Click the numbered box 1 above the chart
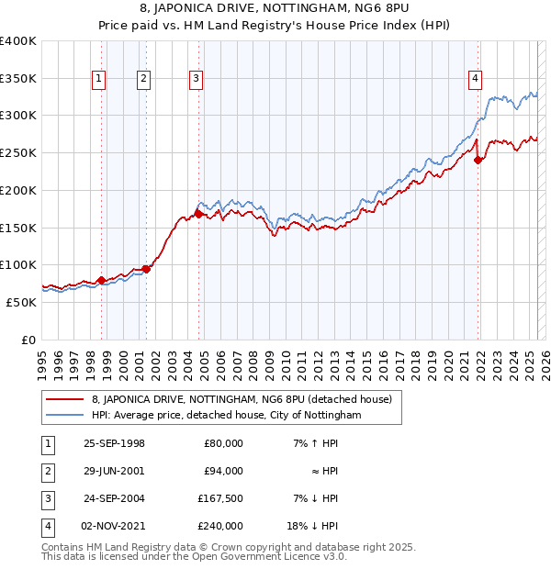click(x=98, y=80)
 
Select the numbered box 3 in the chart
click(x=197, y=80)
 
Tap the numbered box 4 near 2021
click(x=475, y=80)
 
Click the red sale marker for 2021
click(x=478, y=160)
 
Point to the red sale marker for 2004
click(x=198, y=215)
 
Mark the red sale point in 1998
click(x=101, y=279)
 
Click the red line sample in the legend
click(x=64, y=399)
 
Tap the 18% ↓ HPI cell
click(x=312, y=526)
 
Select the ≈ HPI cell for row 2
click(x=323, y=471)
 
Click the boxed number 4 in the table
click(x=46, y=526)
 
